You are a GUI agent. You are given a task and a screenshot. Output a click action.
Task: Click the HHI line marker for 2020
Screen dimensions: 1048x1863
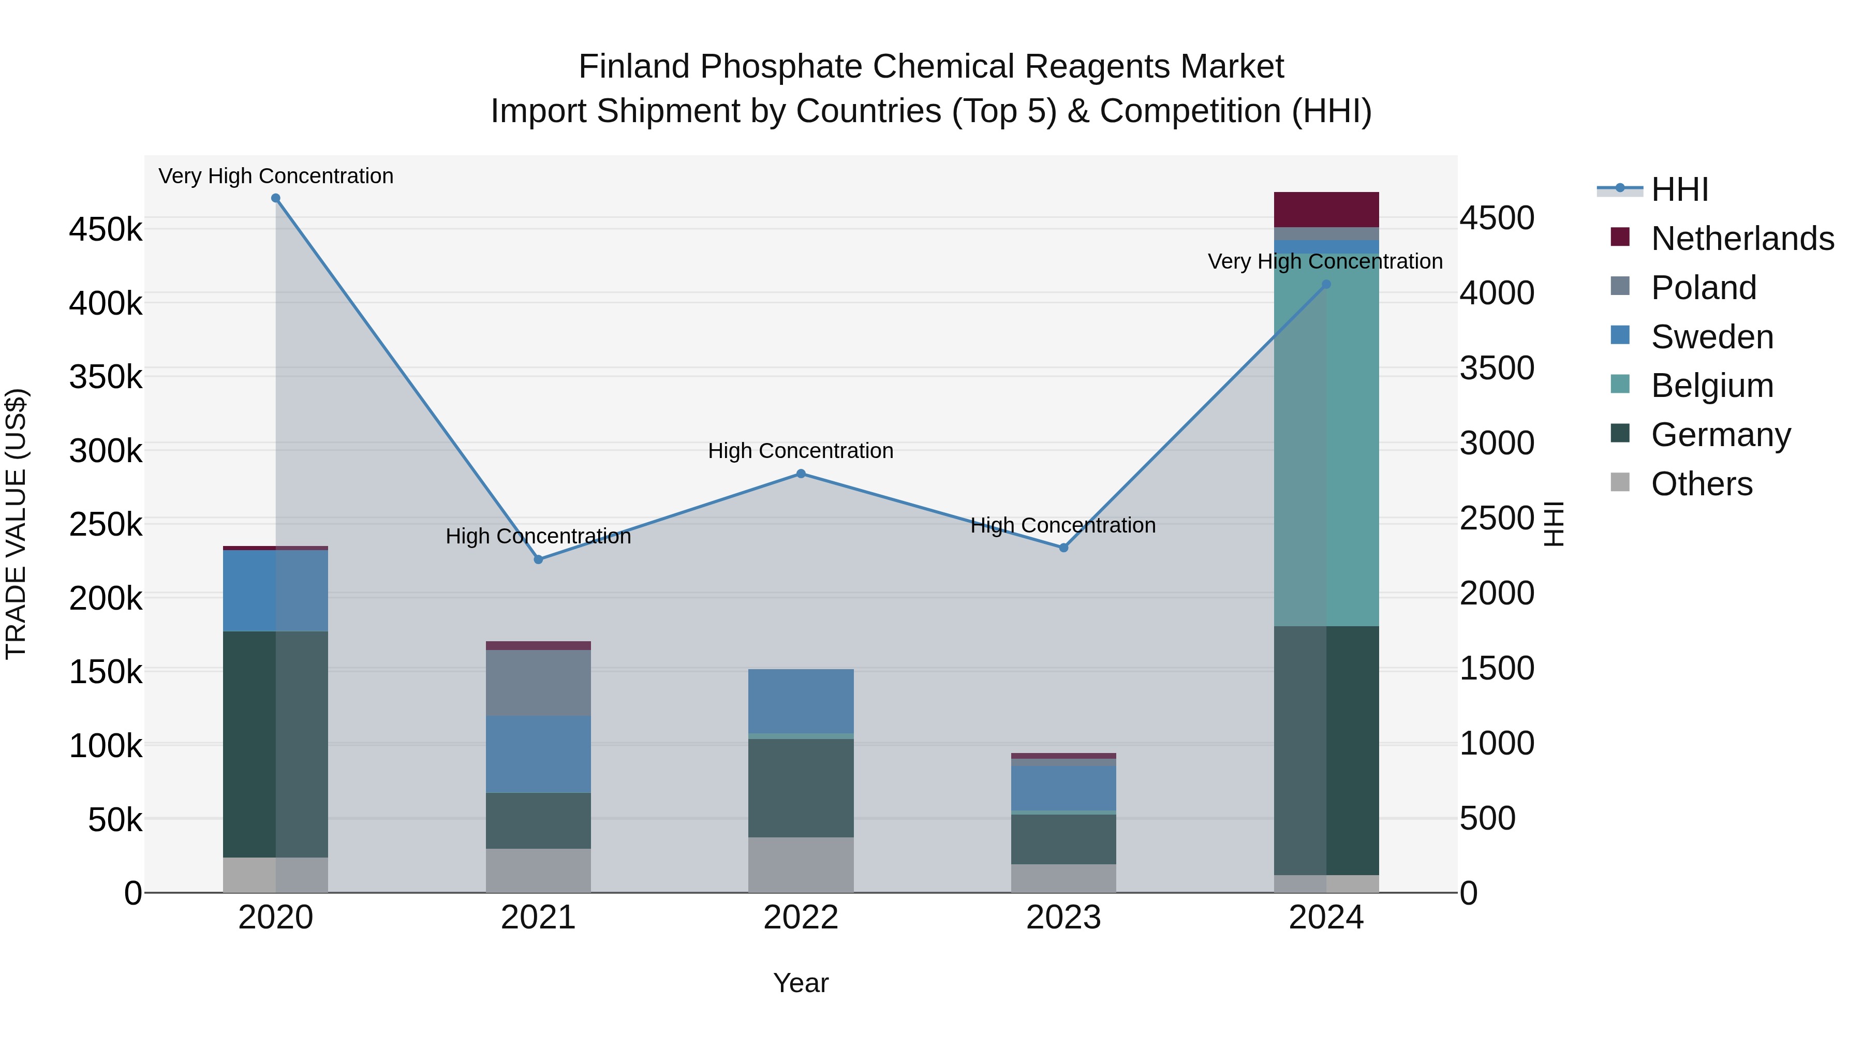pos(275,198)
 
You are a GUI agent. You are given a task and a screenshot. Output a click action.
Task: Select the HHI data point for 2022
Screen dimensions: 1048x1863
pos(801,474)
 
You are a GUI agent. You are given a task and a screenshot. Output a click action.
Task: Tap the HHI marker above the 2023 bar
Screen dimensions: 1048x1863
pos(1063,548)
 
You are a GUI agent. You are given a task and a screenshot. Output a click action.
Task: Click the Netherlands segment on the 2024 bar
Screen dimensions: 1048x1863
pos(1326,210)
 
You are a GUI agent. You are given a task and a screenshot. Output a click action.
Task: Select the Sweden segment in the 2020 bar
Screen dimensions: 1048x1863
pos(275,591)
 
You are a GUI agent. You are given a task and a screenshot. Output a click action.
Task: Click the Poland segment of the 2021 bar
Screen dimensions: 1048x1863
pos(538,683)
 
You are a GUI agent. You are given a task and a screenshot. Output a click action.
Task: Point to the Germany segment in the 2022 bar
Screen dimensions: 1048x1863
pos(801,788)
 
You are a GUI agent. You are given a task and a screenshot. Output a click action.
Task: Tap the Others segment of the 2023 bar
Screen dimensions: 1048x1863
pos(1063,878)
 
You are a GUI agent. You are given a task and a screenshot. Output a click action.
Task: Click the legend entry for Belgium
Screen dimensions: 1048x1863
pos(1711,386)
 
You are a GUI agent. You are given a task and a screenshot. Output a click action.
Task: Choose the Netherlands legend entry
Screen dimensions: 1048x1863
pos(1741,239)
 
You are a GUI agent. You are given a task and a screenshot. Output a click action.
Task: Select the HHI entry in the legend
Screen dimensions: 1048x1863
pos(1679,189)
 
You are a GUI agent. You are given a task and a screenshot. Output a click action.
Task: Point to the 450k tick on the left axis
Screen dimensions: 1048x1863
pos(106,230)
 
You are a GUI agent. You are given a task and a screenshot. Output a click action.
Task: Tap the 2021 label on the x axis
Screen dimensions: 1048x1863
pos(538,918)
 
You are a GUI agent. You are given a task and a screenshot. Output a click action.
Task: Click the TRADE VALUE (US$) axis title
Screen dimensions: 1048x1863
pos(17,524)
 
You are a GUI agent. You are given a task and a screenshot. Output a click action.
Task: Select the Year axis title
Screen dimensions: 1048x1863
pos(801,983)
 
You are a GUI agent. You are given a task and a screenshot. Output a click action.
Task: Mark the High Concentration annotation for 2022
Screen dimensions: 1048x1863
pos(801,451)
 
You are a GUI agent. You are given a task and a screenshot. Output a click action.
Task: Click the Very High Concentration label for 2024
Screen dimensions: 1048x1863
pos(1324,261)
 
